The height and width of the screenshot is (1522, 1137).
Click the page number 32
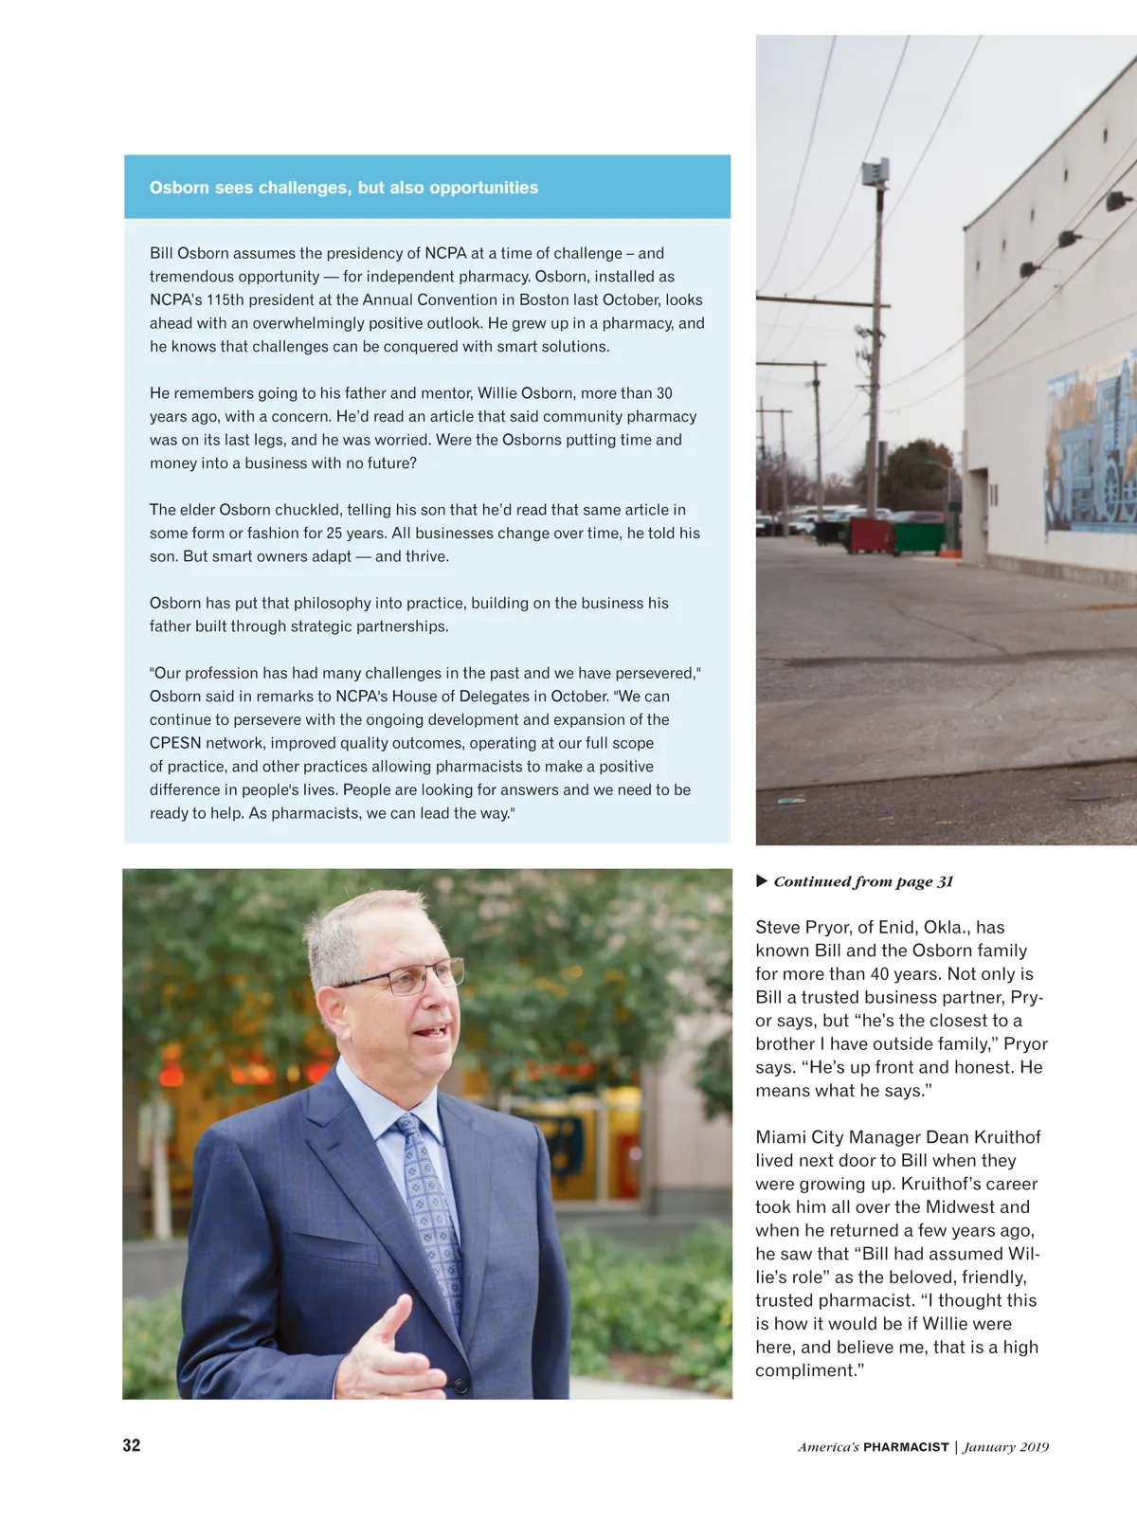coord(132,1445)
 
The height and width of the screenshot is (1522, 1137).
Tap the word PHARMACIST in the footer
coord(906,1447)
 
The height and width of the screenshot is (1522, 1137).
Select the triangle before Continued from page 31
coord(762,881)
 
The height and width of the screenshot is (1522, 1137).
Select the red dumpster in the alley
coord(870,534)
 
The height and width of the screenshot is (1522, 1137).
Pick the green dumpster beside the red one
coord(918,535)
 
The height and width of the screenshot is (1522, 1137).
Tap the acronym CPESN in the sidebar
coord(175,743)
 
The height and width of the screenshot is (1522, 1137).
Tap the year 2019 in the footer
coord(1034,1447)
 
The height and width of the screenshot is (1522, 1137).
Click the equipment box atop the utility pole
coord(874,172)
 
